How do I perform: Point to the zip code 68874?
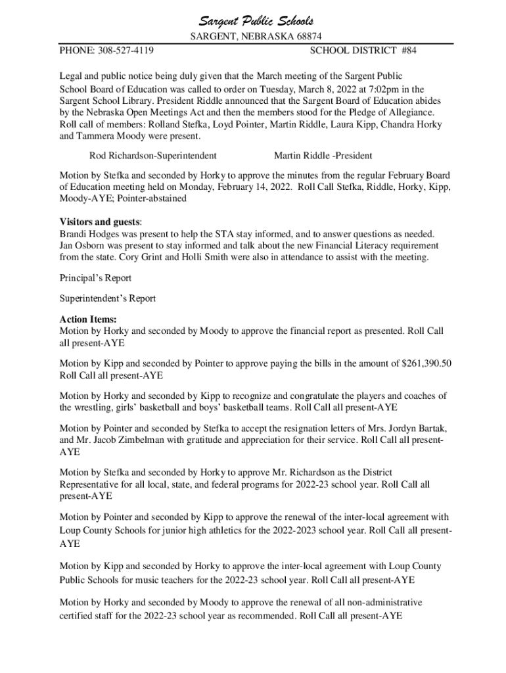pos(307,37)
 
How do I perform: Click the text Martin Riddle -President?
pos(323,156)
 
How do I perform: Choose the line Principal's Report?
pos(95,278)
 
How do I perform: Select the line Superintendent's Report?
pos(107,298)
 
